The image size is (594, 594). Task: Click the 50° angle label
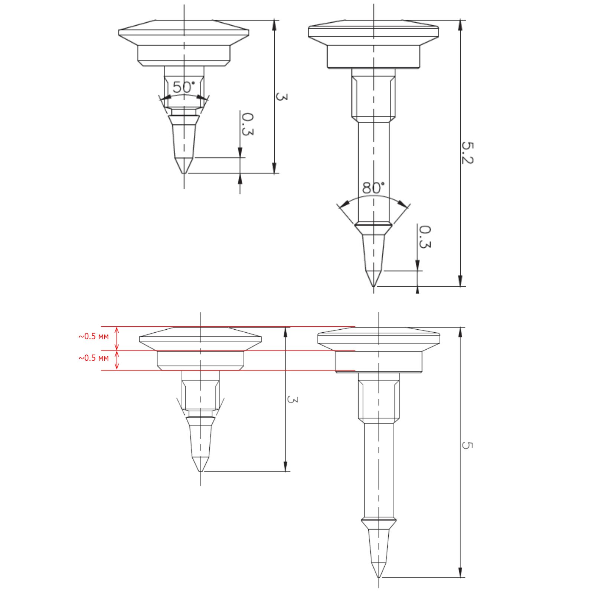pyautogui.click(x=184, y=87)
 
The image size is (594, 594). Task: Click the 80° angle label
pyautogui.click(x=373, y=188)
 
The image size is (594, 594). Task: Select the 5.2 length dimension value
pyautogui.click(x=467, y=153)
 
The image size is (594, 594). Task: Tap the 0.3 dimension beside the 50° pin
pyautogui.click(x=248, y=124)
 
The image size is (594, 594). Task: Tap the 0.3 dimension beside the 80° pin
pyautogui.click(x=425, y=237)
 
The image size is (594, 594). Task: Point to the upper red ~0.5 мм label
pyautogui.click(x=94, y=336)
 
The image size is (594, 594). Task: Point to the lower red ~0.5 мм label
pyautogui.click(x=94, y=358)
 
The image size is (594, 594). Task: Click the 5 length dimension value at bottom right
pyautogui.click(x=467, y=445)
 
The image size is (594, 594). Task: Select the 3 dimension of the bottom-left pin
pyautogui.click(x=293, y=400)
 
